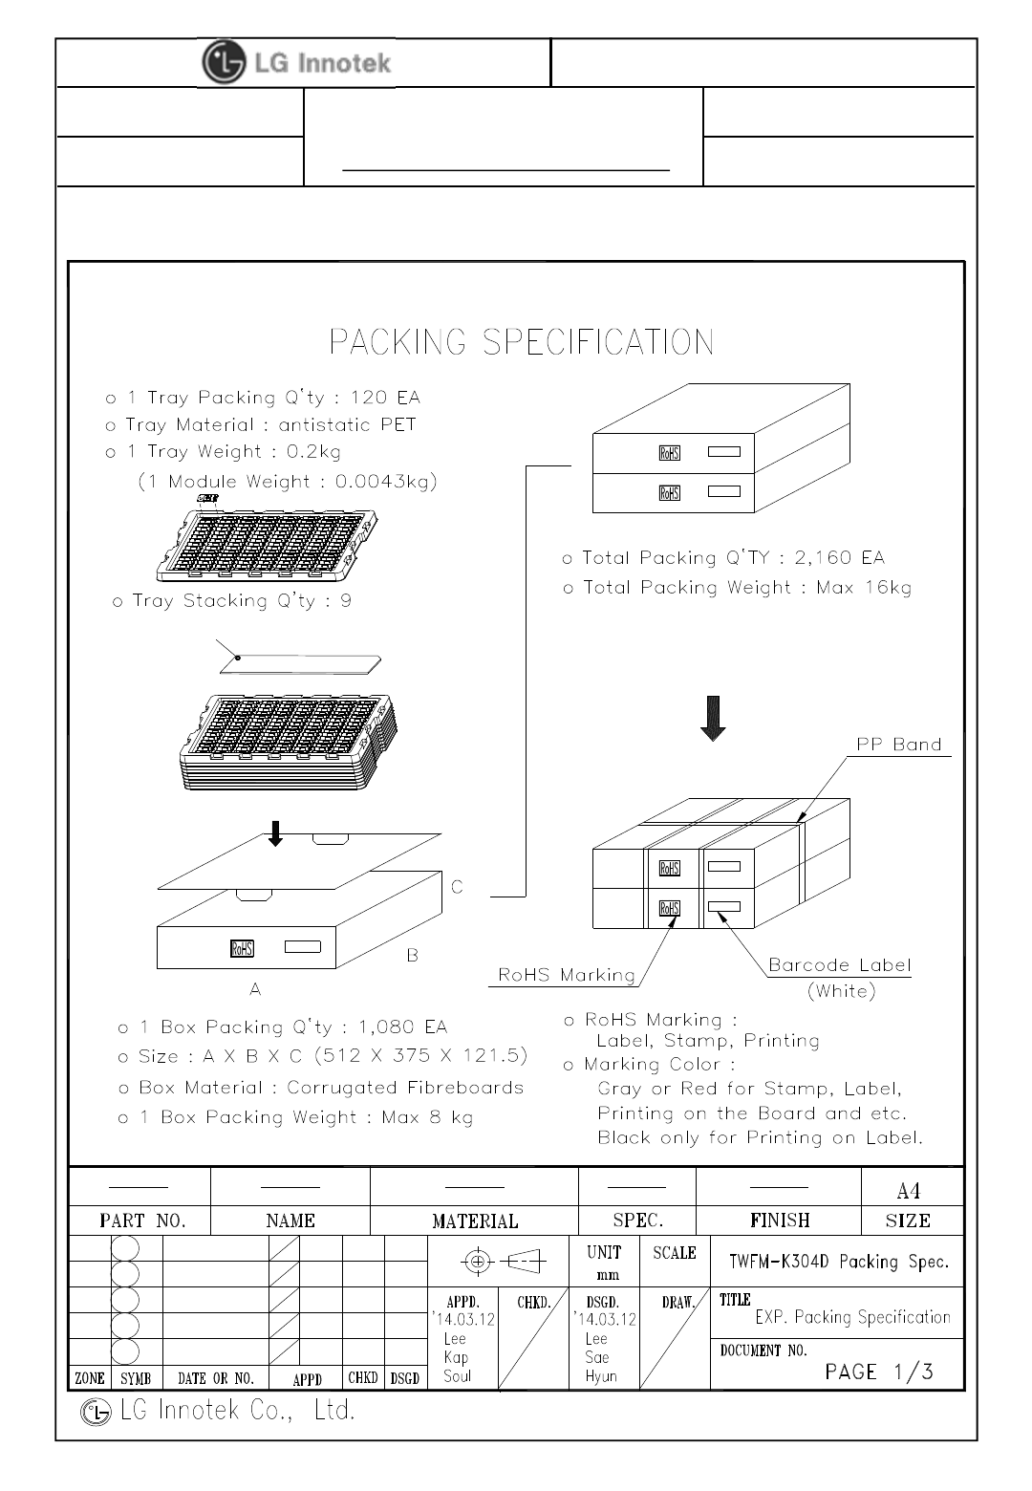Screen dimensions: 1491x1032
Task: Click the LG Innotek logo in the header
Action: (297, 63)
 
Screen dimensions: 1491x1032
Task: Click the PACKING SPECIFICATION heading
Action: (521, 342)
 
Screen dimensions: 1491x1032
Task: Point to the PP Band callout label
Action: (898, 745)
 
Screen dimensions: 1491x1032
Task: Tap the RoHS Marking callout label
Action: (567, 975)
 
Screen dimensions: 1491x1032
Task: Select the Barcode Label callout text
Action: (840, 965)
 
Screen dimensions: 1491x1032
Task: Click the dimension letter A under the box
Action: (255, 990)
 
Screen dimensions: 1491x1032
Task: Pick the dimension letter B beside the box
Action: (413, 955)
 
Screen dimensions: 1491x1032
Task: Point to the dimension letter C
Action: (457, 887)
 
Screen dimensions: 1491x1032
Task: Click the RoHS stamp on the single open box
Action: (242, 948)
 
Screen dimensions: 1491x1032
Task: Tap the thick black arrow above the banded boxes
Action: (713, 719)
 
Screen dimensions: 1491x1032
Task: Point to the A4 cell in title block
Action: (909, 1190)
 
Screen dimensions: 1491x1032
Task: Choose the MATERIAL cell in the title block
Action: (475, 1221)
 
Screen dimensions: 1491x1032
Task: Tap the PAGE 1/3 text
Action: (879, 1372)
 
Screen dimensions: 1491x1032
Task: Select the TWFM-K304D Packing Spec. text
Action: (839, 1262)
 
